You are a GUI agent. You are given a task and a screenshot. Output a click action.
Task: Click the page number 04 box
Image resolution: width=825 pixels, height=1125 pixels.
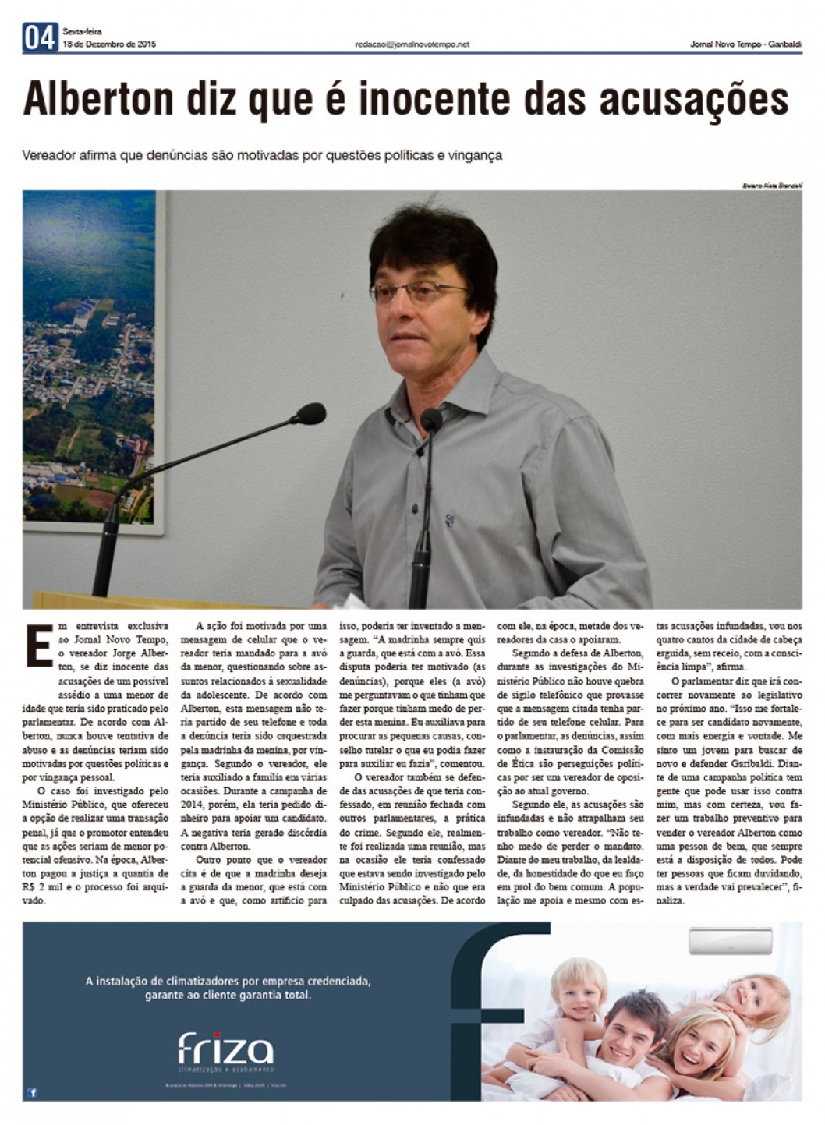tap(40, 37)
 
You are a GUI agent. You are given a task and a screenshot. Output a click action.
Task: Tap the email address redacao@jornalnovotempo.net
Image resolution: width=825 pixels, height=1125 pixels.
tap(412, 44)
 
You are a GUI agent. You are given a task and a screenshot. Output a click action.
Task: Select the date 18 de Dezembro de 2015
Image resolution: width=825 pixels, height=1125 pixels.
tap(109, 44)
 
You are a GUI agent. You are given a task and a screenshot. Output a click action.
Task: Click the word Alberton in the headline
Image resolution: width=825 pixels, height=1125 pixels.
tap(98, 100)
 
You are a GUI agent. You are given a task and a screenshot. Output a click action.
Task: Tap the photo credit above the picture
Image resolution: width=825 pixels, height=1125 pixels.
tap(771, 186)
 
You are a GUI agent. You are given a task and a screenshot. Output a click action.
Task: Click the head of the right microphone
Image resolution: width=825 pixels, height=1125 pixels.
tap(430, 419)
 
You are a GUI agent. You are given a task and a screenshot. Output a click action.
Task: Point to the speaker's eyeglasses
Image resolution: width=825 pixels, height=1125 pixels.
tap(421, 294)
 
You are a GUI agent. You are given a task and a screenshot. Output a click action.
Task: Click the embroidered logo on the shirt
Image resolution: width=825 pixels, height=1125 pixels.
tap(450, 519)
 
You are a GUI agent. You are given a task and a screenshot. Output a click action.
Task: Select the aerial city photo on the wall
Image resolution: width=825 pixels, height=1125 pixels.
tap(89, 359)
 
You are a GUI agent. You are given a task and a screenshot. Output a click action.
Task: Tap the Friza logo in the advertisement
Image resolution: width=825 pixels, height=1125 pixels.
tap(225, 1049)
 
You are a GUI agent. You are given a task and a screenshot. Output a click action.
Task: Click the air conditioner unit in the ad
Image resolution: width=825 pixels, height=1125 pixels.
tap(730, 941)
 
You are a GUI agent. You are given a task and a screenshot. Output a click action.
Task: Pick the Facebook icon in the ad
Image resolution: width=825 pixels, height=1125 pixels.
tap(33, 1092)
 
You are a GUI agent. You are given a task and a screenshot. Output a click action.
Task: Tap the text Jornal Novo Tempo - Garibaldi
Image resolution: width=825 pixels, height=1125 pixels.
tap(745, 44)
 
